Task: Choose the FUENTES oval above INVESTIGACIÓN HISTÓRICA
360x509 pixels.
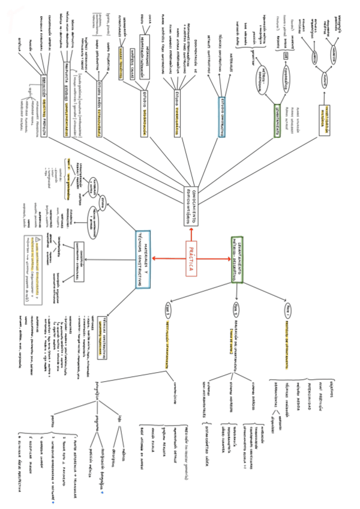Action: coord(325,80)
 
